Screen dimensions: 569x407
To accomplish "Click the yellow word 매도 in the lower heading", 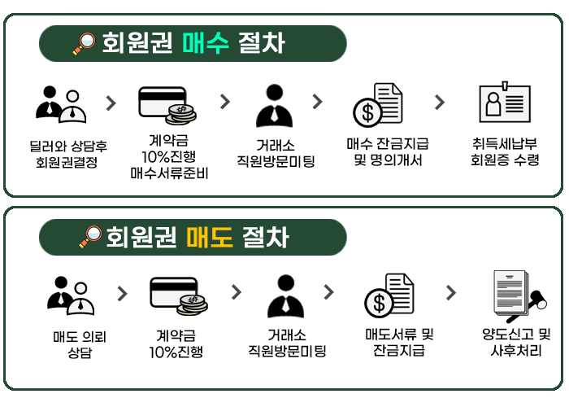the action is click(x=209, y=237).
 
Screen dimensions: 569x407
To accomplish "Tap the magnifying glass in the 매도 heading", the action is click(x=89, y=237).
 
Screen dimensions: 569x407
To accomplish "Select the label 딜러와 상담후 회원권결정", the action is click(x=67, y=155).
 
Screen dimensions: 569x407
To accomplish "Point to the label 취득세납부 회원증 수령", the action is click(x=505, y=152).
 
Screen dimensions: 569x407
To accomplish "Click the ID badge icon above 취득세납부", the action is click(x=504, y=104).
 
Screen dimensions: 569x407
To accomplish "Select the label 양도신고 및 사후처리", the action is click(x=516, y=342).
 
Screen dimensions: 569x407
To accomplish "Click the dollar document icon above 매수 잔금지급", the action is click(x=377, y=104).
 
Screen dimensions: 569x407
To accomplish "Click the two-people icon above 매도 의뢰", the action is click(x=71, y=295).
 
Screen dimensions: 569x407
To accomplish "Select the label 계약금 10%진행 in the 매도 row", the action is click(x=176, y=343).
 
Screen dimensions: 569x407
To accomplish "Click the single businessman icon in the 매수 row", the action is click(x=273, y=104).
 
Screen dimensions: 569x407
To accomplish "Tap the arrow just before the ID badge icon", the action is click(x=440, y=102).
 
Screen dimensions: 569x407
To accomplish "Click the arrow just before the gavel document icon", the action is click(x=450, y=292).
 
